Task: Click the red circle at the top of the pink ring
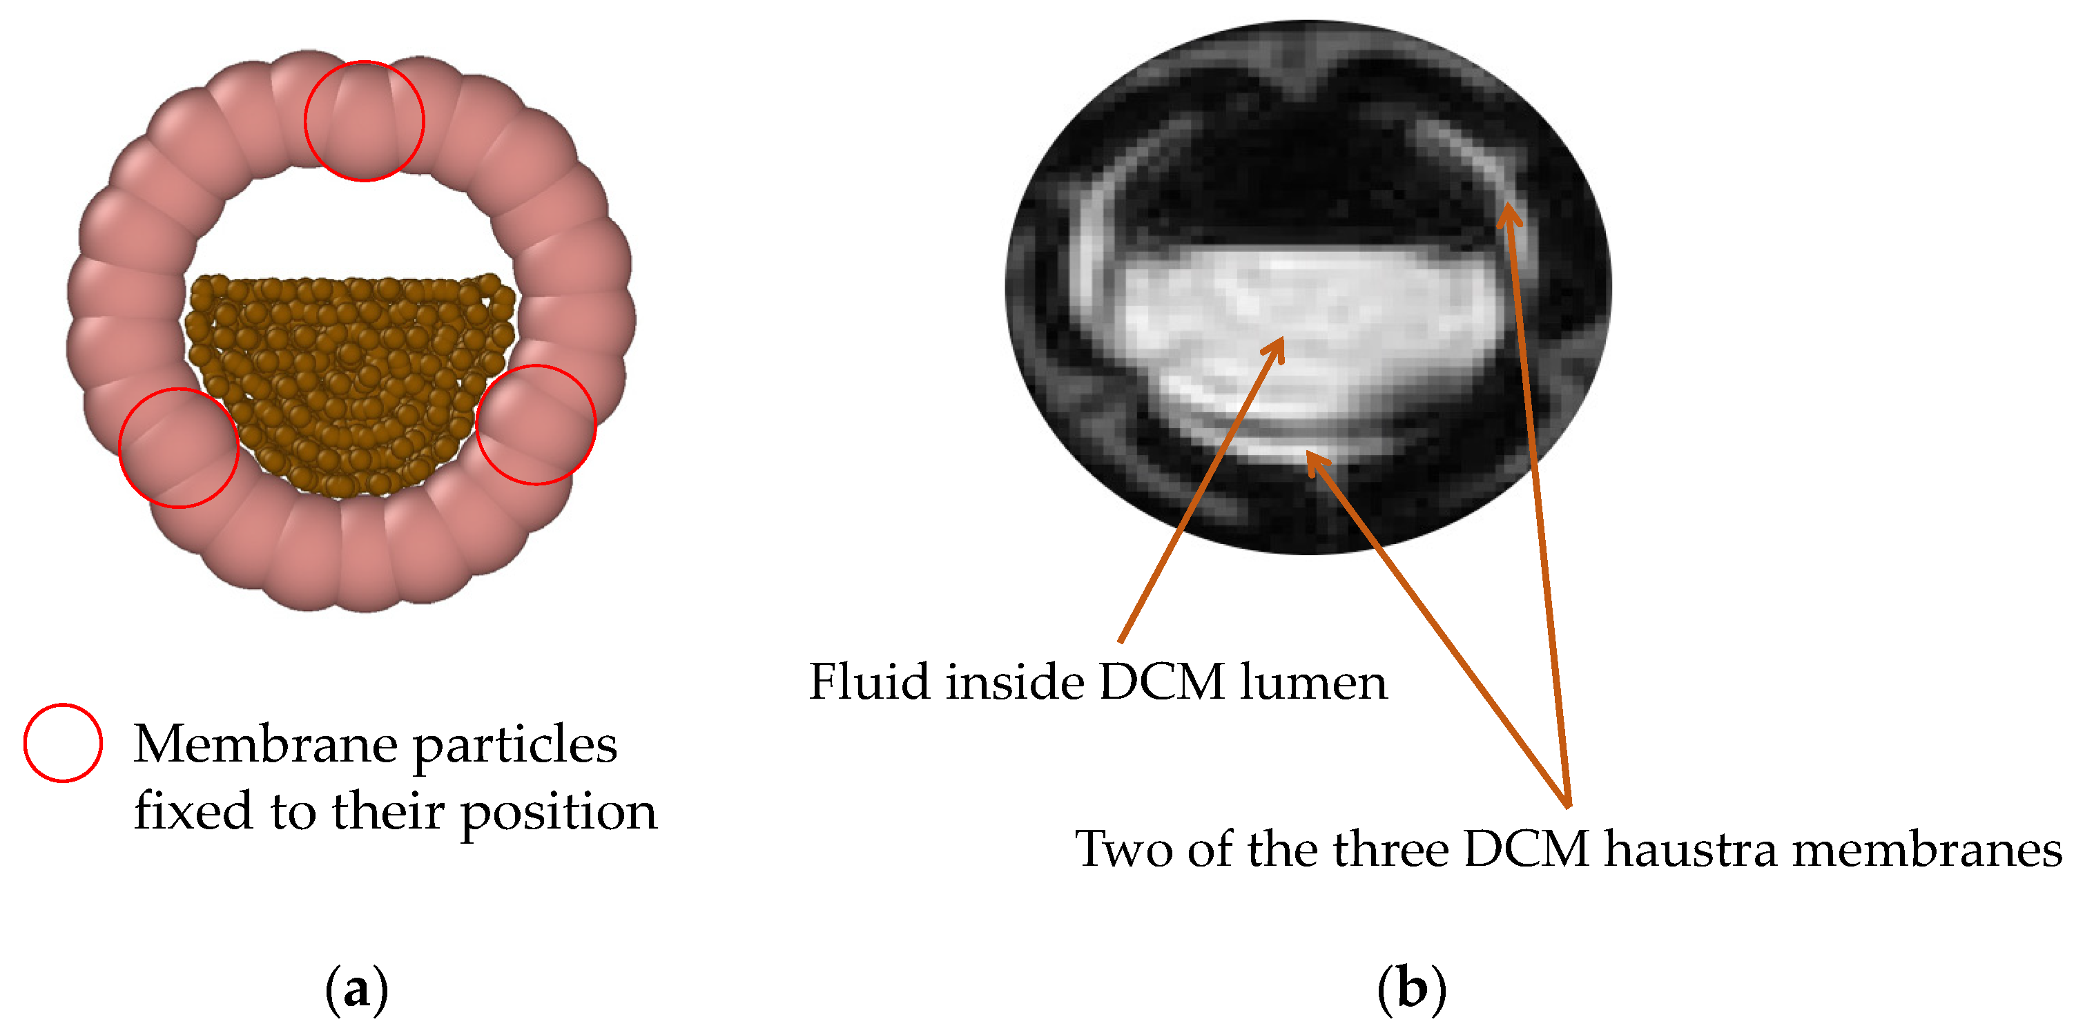[x=364, y=120]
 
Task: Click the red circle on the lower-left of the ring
[x=179, y=448]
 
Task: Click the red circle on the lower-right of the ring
[x=536, y=425]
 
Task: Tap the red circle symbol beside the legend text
[x=63, y=742]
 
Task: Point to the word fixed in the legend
[x=193, y=811]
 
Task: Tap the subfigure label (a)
[x=356, y=989]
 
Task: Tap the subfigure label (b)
[x=1412, y=989]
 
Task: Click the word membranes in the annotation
[x=1926, y=850]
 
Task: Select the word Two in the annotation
[x=1124, y=850]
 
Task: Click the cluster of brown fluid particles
[x=349, y=382]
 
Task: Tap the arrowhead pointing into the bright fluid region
[x=1277, y=348]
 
